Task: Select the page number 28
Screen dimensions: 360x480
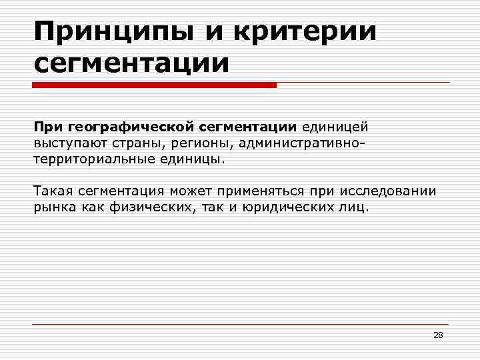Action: coord(438,335)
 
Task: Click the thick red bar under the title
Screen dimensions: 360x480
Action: coord(154,85)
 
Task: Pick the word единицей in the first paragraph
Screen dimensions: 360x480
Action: coord(334,126)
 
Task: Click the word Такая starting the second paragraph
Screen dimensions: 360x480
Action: coord(53,191)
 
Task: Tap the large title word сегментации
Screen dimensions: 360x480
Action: coord(131,64)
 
